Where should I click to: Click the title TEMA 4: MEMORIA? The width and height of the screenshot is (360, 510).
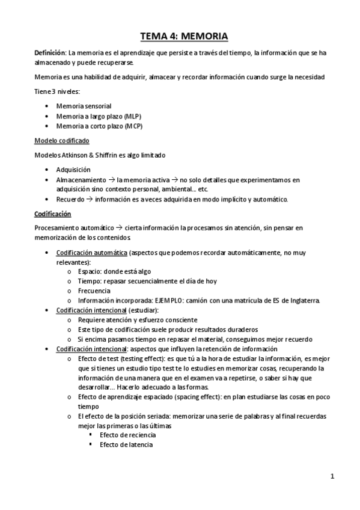click(x=180, y=35)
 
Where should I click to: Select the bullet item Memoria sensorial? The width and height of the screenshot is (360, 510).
click(x=84, y=105)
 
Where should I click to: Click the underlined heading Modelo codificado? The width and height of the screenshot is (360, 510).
click(x=61, y=140)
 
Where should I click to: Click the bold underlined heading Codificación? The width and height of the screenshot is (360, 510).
click(x=52, y=214)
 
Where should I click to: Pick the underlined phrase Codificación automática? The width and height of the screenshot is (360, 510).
click(x=92, y=253)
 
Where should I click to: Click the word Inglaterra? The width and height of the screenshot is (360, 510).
click(x=303, y=300)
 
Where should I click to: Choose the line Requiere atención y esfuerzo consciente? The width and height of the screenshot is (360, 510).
click(x=138, y=320)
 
